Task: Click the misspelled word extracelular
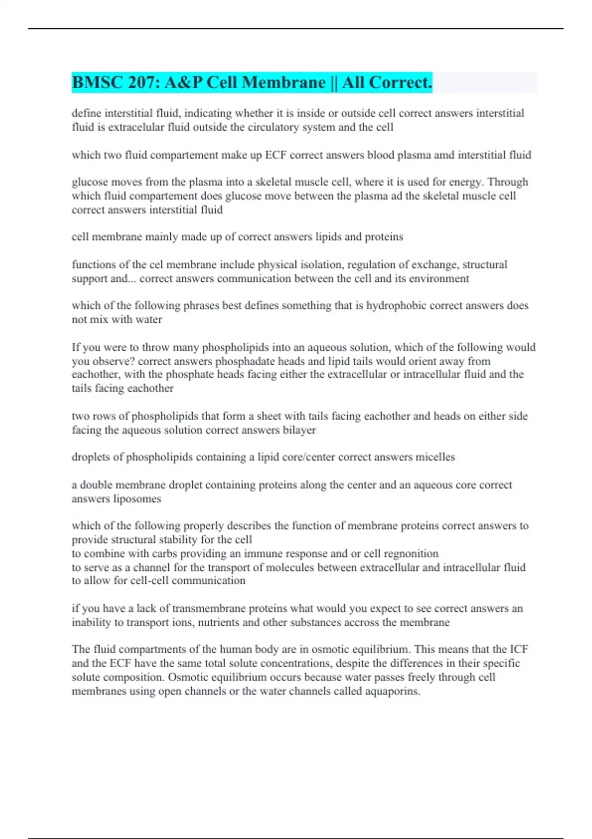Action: point(129,127)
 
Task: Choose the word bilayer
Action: point(299,430)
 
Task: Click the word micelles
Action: point(435,457)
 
